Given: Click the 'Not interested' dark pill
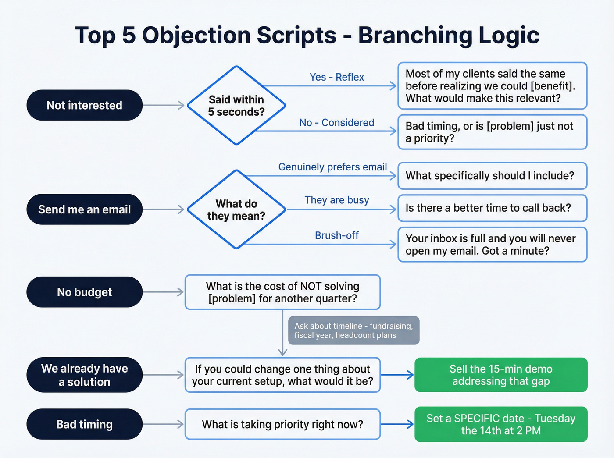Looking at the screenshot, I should click(84, 105).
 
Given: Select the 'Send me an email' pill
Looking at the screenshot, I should click(84, 209).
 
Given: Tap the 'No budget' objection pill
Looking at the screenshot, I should click(84, 292).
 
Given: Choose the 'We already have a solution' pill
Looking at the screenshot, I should click(84, 375).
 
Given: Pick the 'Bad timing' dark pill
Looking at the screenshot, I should click(84, 424).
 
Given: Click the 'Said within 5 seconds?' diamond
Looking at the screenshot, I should click(236, 106).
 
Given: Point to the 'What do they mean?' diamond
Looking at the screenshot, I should click(236, 209).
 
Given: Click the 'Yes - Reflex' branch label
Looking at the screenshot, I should click(336, 77).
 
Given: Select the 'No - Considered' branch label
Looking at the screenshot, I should click(336, 123).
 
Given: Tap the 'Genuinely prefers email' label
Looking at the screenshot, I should click(332, 167).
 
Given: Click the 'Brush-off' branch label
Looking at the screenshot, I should click(336, 235).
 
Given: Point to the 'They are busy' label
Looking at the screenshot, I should click(336, 200).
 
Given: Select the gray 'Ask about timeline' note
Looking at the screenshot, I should click(353, 330).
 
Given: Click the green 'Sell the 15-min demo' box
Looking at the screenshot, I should click(500, 375).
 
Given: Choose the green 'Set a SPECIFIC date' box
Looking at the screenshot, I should click(500, 424).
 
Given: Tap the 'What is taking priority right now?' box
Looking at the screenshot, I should click(282, 424).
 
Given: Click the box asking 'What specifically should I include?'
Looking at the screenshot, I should click(492, 176).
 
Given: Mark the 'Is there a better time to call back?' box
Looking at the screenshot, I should click(492, 208).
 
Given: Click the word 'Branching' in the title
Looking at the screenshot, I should click(414, 35).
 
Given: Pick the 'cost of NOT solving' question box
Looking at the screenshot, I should click(282, 292).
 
